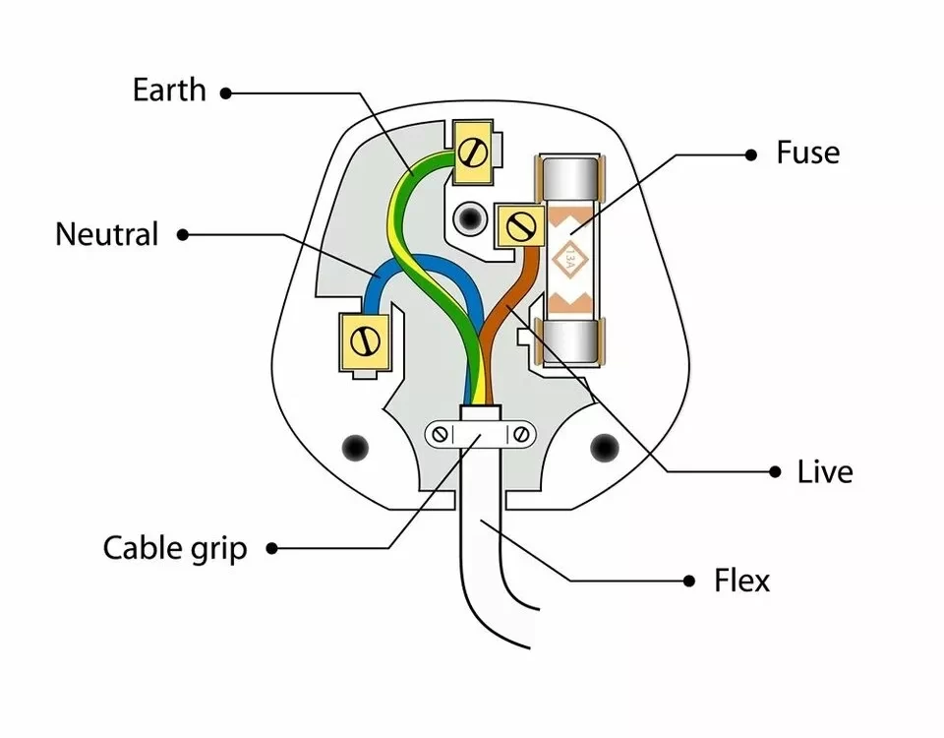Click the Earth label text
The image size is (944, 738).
point(169,91)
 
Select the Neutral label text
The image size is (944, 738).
point(106,235)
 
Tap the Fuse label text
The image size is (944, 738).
point(807,154)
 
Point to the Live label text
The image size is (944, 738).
point(824,472)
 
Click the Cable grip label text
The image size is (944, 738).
point(175,548)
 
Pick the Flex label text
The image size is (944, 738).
point(741,581)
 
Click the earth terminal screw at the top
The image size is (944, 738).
point(473,152)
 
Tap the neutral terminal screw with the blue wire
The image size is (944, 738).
point(365,342)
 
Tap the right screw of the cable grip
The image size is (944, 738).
point(522,434)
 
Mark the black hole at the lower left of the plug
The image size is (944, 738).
point(352,448)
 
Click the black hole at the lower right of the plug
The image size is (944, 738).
point(602,449)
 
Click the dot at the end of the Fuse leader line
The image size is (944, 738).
point(750,154)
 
